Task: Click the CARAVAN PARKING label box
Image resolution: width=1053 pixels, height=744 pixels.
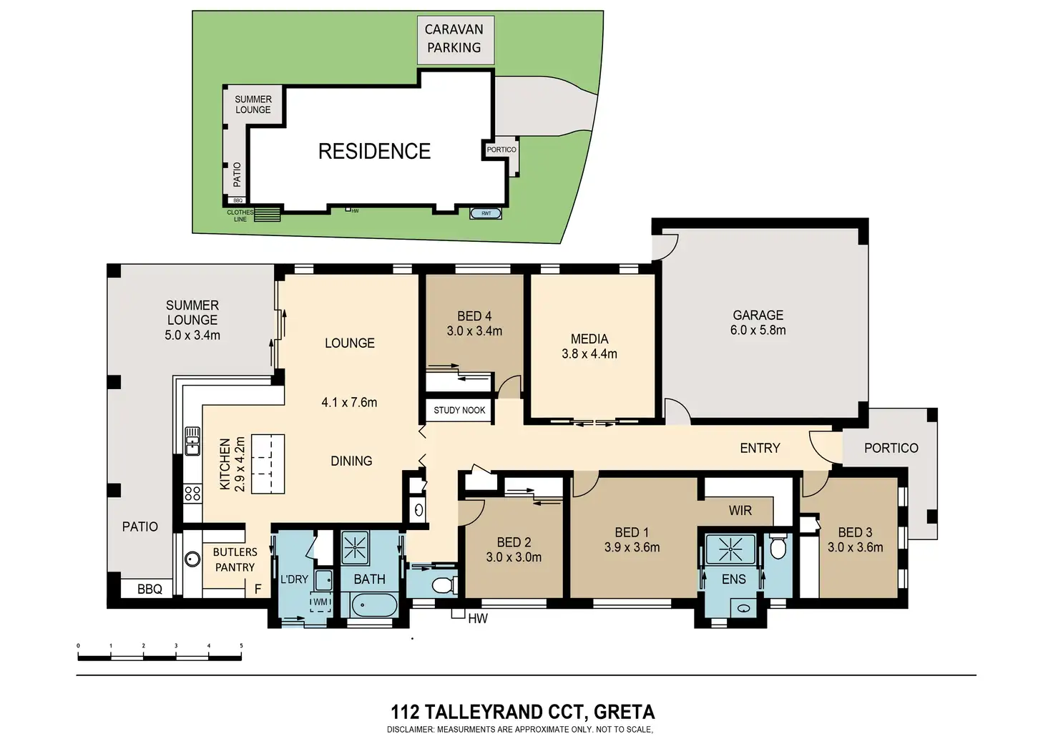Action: point(454,39)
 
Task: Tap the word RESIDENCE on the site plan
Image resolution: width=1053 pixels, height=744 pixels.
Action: point(374,152)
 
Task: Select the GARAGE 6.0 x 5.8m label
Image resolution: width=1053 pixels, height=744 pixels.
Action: point(758,323)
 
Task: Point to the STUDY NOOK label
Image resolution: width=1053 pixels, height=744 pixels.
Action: point(459,410)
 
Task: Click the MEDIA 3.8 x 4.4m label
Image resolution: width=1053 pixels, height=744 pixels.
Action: point(589,346)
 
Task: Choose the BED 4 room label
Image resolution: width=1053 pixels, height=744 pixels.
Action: point(474,323)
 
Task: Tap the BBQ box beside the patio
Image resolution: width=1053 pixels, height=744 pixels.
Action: point(150,589)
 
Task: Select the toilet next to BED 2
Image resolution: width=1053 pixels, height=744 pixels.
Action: point(444,584)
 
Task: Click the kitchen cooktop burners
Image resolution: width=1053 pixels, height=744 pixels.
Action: point(192,493)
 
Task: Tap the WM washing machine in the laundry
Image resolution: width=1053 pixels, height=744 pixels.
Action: point(320,603)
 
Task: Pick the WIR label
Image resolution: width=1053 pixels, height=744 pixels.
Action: point(740,511)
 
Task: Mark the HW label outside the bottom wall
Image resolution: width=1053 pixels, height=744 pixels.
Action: point(478,618)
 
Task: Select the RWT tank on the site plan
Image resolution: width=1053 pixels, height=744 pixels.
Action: point(486,213)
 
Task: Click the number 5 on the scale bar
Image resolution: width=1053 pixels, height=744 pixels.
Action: point(241,646)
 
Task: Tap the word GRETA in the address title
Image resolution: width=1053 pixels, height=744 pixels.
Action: point(624,713)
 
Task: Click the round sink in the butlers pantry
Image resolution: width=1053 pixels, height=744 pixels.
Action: point(192,559)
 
